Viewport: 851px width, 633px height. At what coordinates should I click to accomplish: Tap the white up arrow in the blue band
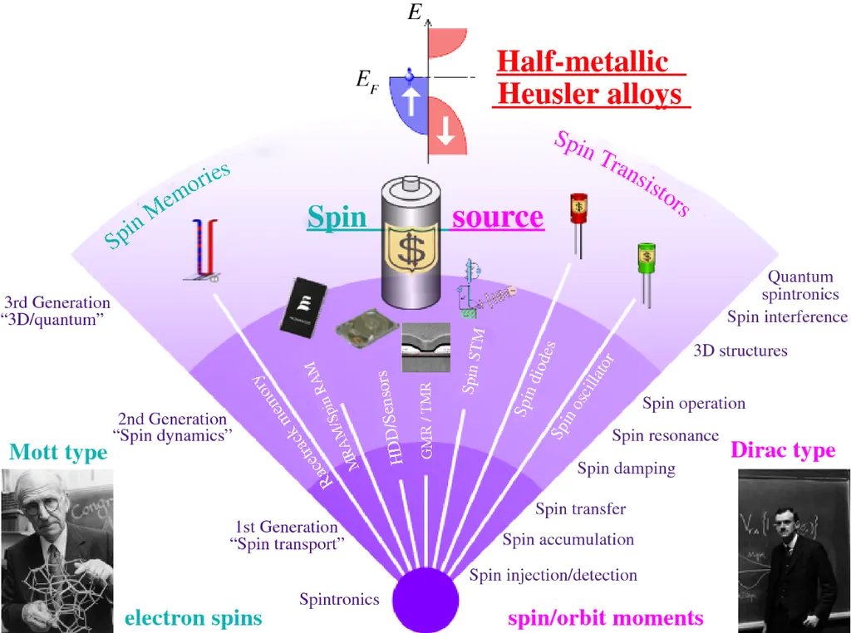[x=409, y=104]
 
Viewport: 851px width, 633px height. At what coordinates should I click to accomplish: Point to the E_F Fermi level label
[x=366, y=80]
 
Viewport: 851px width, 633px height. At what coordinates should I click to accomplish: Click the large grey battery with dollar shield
[x=413, y=243]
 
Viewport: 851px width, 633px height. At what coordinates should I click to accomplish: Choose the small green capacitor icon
[x=646, y=258]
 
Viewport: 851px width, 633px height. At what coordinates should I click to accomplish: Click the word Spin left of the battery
[x=337, y=217]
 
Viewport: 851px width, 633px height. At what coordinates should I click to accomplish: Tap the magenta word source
[x=498, y=217]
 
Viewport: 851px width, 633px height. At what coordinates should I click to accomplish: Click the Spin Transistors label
[x=622, y=173]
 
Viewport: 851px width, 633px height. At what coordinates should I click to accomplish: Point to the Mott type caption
[x=58, y=452]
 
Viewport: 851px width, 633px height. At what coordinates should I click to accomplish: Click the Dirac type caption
[x=783, y=450]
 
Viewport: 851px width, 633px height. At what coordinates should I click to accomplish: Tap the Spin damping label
[x=627, y=469]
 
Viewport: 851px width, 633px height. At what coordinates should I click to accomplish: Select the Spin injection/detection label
[x=553, y=575]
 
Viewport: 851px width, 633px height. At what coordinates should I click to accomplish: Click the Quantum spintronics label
[x=800, y=285]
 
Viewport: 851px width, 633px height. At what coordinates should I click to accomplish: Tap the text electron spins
[x=193, y=618]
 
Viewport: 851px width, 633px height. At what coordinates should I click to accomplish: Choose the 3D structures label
[x=740, y=351]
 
